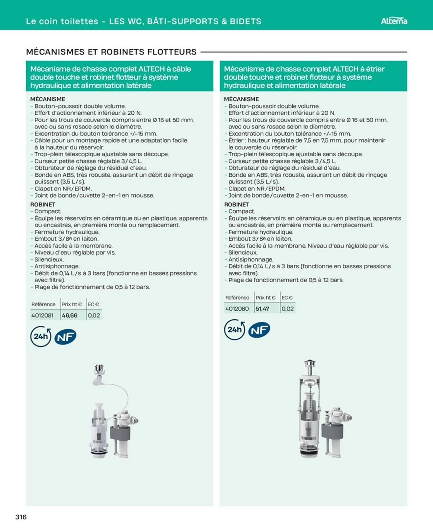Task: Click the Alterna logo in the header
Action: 394,21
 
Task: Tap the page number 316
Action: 21,517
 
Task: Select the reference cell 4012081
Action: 42,315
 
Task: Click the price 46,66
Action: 70,315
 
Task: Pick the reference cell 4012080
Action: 237,308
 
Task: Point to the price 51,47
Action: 262,308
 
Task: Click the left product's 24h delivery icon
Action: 41,336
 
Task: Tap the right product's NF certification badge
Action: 259,330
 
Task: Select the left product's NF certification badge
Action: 65,337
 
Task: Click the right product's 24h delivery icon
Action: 235,330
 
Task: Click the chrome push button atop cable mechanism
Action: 99,369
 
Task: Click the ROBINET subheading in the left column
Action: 43,204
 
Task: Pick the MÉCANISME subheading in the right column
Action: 241,99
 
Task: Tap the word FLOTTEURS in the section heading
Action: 172,52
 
